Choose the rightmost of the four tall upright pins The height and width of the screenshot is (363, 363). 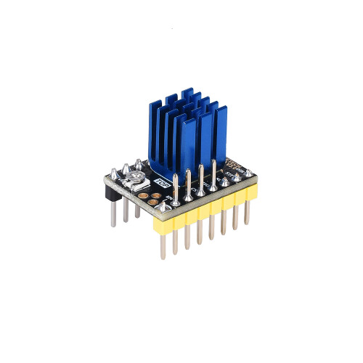[214, 168]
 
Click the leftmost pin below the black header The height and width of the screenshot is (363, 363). [113, 214]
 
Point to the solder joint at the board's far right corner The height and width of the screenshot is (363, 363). [248, 173]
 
